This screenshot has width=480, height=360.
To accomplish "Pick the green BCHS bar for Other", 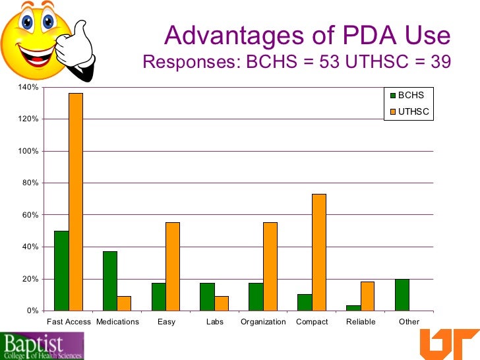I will pos(402,295).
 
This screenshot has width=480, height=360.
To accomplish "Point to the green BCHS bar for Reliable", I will pos(353,308).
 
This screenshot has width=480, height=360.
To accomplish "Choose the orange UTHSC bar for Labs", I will pos(222,303).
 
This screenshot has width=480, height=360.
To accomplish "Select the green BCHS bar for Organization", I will pos(256,297).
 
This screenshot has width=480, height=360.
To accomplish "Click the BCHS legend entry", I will pos(405,96).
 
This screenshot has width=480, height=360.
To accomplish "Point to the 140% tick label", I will pos(30,87).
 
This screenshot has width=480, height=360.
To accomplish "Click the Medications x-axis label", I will pos(117,322).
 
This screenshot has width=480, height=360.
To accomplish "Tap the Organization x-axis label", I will pos(264,322).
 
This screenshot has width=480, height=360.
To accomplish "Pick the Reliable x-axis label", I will pos(361,322).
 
